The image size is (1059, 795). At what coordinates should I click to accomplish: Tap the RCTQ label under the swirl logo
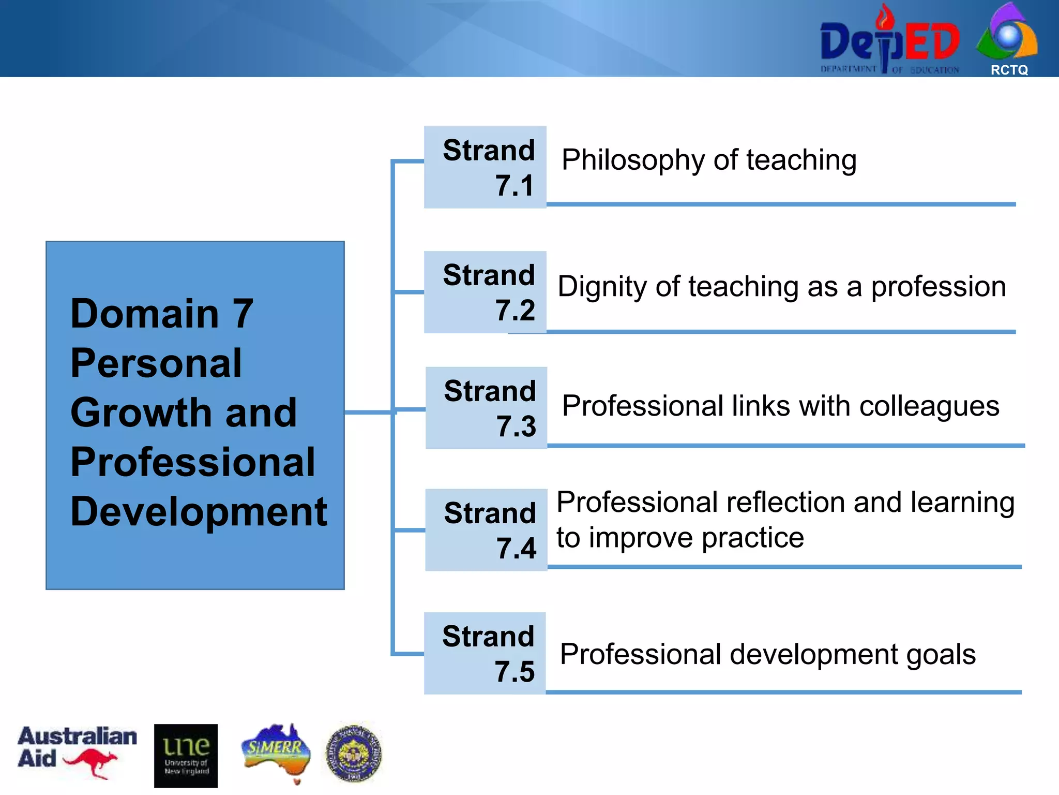1009,70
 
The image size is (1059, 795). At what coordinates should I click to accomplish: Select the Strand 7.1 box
485,167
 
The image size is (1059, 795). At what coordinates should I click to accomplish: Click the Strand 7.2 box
485,292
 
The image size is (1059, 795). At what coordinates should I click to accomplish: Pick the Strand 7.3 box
486,408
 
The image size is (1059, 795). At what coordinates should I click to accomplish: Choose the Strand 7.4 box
486,530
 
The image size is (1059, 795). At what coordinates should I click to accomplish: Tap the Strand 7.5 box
485,653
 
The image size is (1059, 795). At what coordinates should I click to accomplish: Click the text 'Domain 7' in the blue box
161,314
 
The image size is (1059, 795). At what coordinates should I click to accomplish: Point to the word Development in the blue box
199,512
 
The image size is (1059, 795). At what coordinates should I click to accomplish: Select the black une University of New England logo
186,755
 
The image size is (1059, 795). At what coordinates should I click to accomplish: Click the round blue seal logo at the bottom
354,753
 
